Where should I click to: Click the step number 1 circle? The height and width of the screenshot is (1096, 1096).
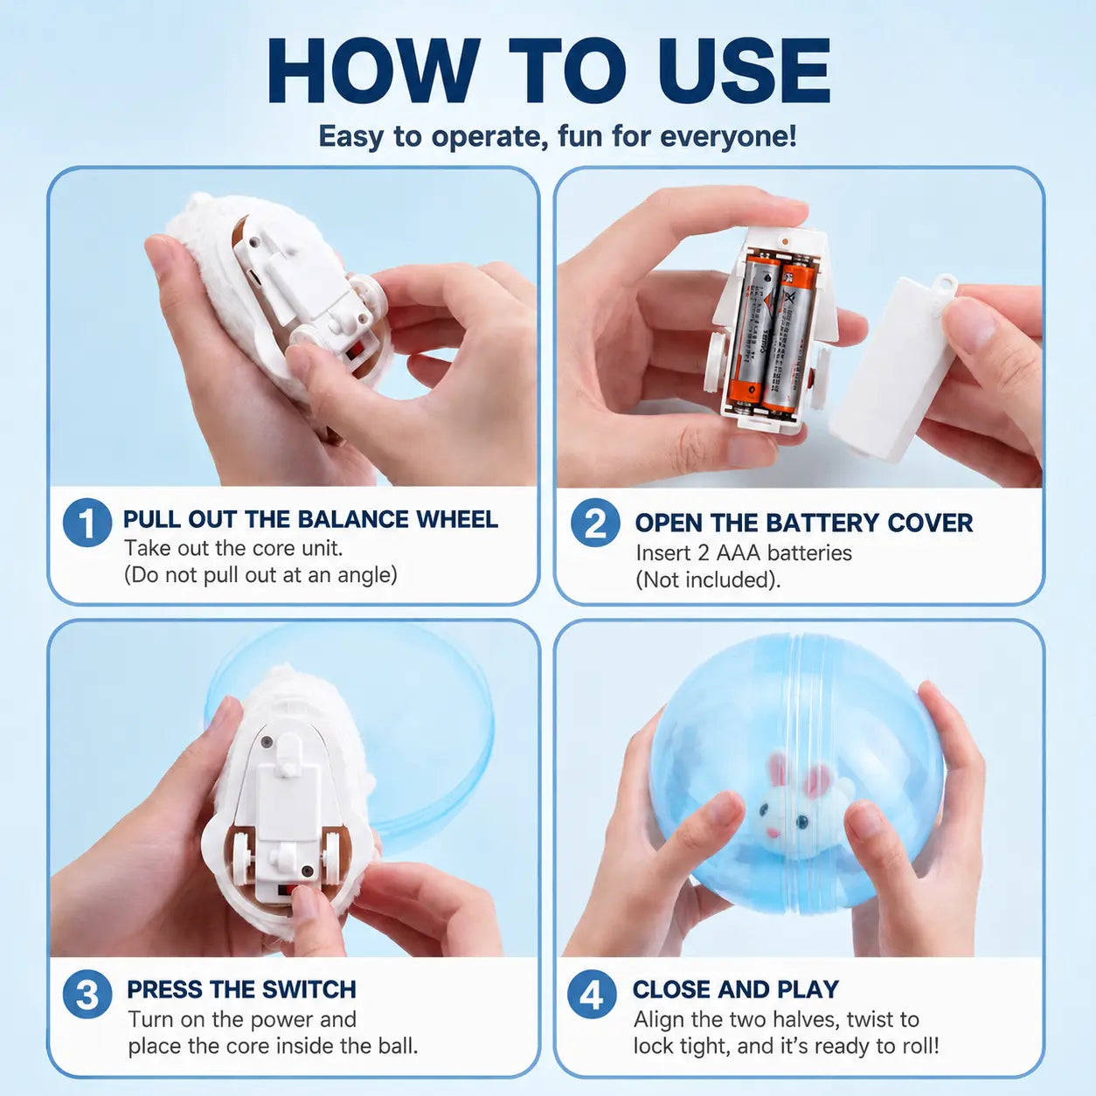pyautogui.click(x=87, y=523)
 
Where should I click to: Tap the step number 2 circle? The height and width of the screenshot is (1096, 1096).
pyautogui.click(x=595, y=523)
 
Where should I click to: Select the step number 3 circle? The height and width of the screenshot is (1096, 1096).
pyautogui.click(x=87, y=994)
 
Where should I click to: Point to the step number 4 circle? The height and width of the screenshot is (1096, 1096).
pyautogui.click(x=592, y=995)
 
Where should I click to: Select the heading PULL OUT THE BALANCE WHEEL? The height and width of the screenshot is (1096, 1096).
pyautogui.click(x=310, y=519)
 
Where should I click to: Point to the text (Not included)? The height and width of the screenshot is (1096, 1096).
pyautogui.click(x=708, y=580)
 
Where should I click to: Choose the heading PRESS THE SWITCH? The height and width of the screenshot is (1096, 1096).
pyautogui.click(x=241, y=989)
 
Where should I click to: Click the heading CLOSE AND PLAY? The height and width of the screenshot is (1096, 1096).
pyautogui.click(x=735, y=989)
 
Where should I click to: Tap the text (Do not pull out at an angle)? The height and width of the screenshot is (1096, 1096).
pyautogui.click(x=260, y=575)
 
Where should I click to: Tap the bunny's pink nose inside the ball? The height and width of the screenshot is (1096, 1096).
pyautogui.click(x=773, y=833)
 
